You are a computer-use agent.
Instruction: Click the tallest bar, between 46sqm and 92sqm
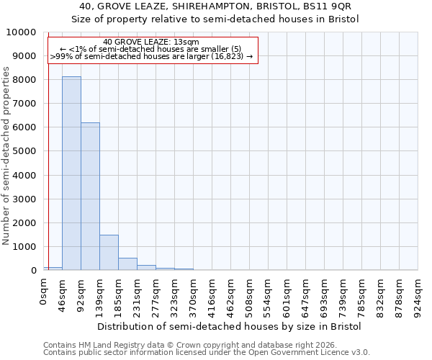click(x=71, y=173)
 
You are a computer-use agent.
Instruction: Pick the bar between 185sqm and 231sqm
click(x=127, y=264)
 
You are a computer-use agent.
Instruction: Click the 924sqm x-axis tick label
click(x=418, y=294)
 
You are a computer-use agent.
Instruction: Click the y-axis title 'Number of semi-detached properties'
click(x=6, y=156)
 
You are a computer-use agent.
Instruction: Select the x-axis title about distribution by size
click(x=229, y=326)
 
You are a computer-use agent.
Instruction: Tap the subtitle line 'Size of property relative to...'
click(x=215, y=19)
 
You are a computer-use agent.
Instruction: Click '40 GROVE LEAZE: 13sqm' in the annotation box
click(x=151, y=42)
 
